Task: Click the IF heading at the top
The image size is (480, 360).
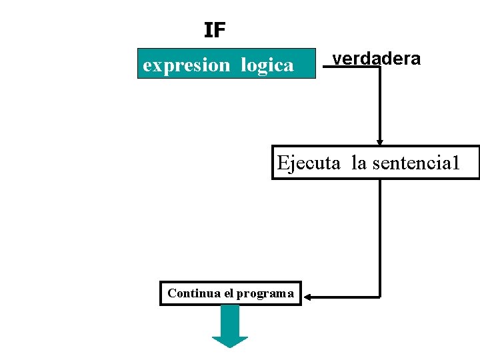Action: pyautogui.click(x=215, y=30)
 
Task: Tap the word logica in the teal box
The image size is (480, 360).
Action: pyautogui.click(x=267, y=65)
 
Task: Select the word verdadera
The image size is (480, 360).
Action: pyautogui.click(x=377, y=59)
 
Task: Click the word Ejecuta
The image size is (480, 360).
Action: pyautogui.click(x=309, y=163)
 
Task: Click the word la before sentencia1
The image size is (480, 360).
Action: pyautogui.click(x=359, y=163)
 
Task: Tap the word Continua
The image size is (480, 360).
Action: pyautogui.click(x=190, y=293)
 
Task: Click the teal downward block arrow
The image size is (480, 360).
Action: pyautogui.click(x=230, y=326)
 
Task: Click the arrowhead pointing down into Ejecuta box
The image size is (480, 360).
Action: pyautogui.click(x=380, y=142)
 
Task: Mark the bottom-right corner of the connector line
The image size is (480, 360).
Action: pyautogui.click(x=380, y=296)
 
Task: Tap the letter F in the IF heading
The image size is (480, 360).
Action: pyautogui.click(x=221, y=30)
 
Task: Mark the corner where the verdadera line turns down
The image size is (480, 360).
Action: pyautogui.click(x=380, y=67)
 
